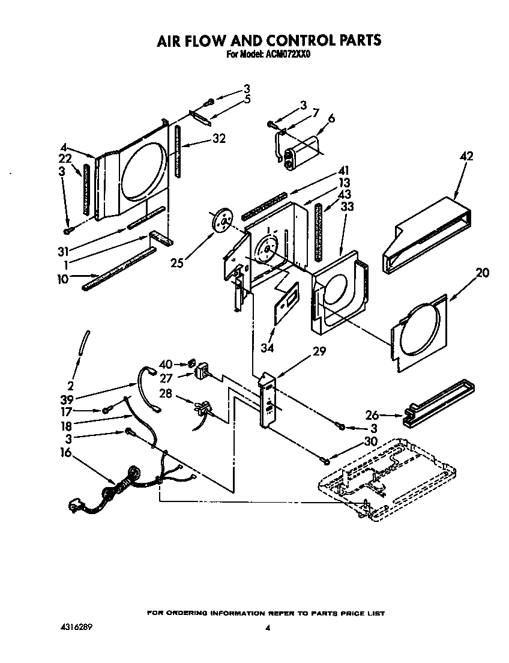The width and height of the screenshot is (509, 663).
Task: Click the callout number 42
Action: (x=466, y=157)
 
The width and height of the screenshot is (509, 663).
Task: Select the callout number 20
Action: (x=482, y=273)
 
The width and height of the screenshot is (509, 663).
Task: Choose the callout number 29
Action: (x=319, y=351)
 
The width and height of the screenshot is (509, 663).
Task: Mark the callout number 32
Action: (x=218, y=139)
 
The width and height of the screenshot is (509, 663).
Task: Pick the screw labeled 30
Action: (x=325, y=460)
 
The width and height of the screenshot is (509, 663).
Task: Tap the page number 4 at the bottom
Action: (x=268, y=628)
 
